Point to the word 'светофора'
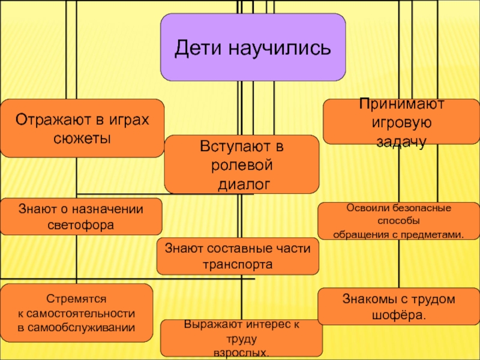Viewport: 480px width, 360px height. click(x=80, y=225)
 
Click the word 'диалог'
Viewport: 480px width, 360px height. click(x=242, y=182)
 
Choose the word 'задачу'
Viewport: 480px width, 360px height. click(x=401, y=142)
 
